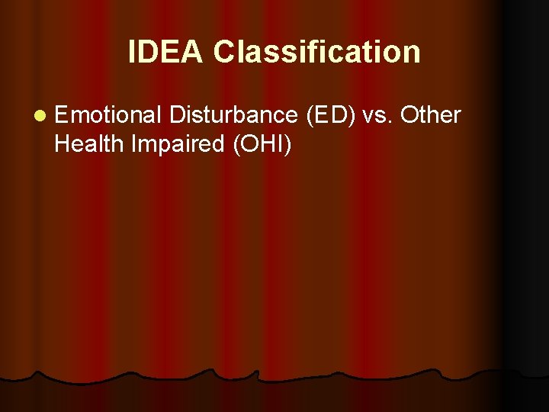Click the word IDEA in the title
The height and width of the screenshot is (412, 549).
click(x=166, y=52)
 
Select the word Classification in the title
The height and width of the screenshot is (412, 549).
click(x=316, y=52)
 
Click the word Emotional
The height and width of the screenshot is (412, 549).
click(x=108, y=115)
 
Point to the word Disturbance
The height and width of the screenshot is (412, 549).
click(x=233, y=115)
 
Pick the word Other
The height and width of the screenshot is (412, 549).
click(x=431, y=115)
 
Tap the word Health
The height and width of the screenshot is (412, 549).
click(x=89, y=143)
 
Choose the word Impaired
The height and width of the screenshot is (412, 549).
click(x=175, y=143)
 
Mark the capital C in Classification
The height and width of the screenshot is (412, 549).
click(x=224, y=52)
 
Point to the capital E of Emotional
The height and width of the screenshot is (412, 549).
click(x=62, y=115)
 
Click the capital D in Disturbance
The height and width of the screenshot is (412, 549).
click(x=178, y=115)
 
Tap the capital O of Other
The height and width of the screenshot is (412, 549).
click(x=409, y=115)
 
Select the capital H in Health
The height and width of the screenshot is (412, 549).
click(x=62, y=143)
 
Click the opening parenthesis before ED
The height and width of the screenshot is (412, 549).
click(x=309, y=116)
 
